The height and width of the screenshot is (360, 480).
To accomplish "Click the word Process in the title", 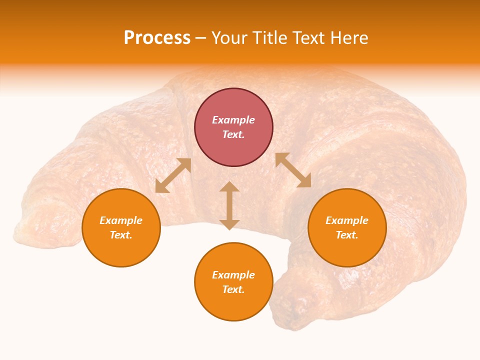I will coord(157,38).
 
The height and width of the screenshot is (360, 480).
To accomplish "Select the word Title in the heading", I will coord(272,38).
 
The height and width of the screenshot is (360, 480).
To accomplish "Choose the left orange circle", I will coord(121,227).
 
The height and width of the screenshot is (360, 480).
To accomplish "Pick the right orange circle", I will coord(347,227).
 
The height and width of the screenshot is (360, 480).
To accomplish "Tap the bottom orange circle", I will coord(233,281).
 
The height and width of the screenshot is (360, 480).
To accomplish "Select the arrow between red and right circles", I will coord(293,170).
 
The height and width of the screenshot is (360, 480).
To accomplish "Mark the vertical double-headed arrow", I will coord(229,205).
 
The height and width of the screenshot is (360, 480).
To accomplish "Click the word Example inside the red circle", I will coord(233,120).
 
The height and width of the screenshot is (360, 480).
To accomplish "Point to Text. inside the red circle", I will coord(233,134).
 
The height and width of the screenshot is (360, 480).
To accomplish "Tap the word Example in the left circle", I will coord(121,220).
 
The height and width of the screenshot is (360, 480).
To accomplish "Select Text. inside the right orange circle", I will coord(347,235).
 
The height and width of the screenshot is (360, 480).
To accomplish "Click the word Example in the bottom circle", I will coord(233,275).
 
